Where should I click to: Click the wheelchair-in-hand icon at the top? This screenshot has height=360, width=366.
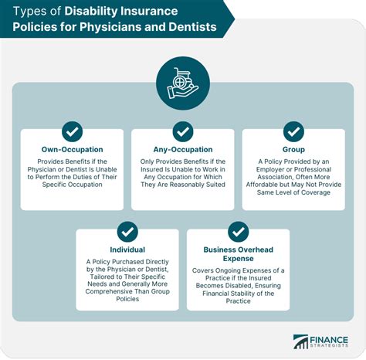[182, 81]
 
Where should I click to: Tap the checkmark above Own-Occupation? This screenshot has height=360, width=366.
[72, 131]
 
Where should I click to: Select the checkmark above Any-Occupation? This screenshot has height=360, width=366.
[183, 131]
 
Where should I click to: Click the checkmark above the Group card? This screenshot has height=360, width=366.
[293, 131]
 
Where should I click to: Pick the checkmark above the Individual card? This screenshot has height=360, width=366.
[127, 231]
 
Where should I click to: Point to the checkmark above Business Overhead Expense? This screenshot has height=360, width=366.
[238, 231]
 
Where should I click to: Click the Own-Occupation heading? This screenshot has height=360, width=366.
[72, 150]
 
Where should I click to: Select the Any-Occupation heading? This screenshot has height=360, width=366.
[183, 150]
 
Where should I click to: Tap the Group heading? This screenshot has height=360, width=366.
[293, 150]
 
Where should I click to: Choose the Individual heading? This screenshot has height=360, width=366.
[127, 250]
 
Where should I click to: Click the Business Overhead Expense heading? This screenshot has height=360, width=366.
[238, 255]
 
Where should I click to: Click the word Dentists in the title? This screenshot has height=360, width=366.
[188, 29]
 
